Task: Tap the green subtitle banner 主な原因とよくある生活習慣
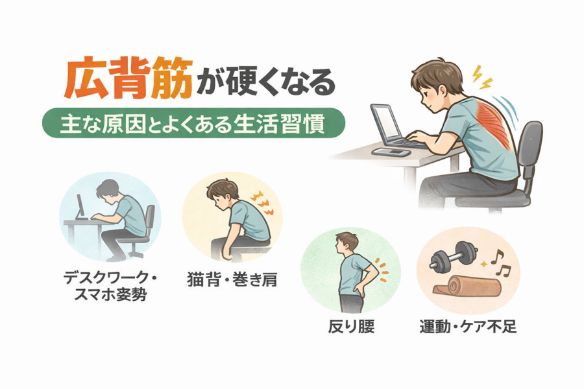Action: point(193,123)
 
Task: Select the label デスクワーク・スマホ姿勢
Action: point(110,287)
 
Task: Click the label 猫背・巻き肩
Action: point(232,280)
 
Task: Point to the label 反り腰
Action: point(351,327)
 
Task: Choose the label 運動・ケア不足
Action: point(468,327)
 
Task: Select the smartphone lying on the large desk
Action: point(391,152)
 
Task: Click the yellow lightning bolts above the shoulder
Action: point(482,78)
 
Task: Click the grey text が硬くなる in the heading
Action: point(266,82)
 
